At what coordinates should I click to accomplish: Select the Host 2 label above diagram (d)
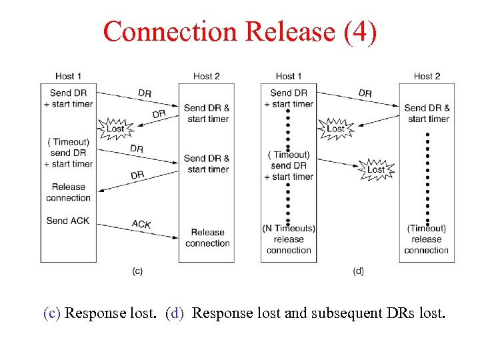(x=427, y=76)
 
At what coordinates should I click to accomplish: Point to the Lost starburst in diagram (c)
(x=115, y=128)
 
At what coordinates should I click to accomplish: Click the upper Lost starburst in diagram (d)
(x=335, y=128)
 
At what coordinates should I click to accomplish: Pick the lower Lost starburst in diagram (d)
(x=376, y=169)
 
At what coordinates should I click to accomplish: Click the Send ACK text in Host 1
(x=68, y=221)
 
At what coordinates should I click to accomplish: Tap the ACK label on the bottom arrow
(x=141, y=224)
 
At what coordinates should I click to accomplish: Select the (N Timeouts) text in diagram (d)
(x=289, y=229)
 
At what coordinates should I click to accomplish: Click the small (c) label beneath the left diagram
(x=137, y=271)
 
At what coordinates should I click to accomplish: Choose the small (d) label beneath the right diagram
(x=358, y=271)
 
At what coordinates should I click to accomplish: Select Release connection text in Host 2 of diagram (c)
(x=207, y=238)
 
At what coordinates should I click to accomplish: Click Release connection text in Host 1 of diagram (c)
(x=68, y=192)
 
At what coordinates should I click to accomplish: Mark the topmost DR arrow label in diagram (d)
(x=365, y=93)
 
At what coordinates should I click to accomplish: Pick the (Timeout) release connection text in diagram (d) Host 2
(x=427, y=239)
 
